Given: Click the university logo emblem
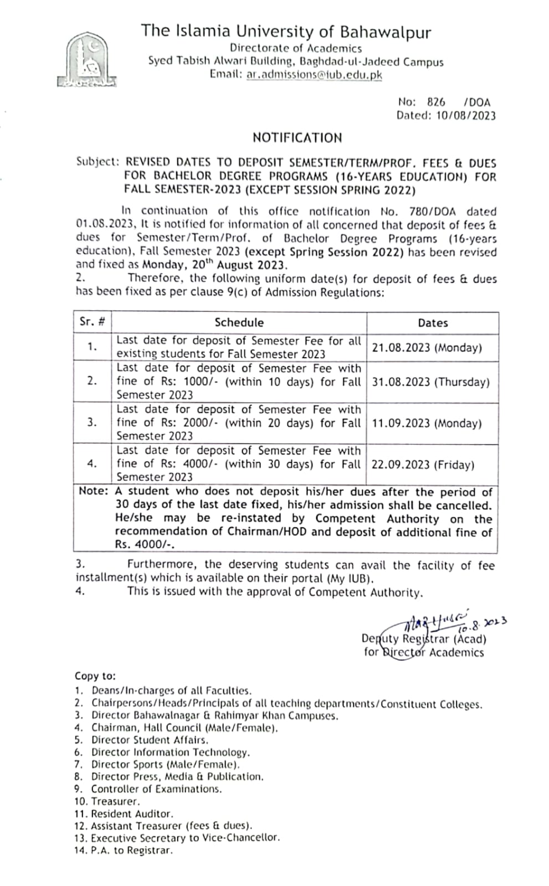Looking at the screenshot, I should [x=88, y=60].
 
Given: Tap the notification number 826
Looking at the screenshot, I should [x=436, y=102].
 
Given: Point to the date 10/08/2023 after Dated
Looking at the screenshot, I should [x=465, y=116].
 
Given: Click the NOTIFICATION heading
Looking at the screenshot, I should [x=297, y=137].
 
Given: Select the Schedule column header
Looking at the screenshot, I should [x=239, y=322].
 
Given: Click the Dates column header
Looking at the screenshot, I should [x=433, y=323].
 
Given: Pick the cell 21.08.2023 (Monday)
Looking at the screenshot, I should [x=427, y=348].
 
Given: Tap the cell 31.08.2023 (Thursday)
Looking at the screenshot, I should [x=430, y=382].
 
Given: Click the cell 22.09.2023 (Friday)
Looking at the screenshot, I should [x=423, y=465].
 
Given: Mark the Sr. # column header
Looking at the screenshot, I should [x=92, y=322].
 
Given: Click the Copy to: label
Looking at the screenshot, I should [x=95, y=676].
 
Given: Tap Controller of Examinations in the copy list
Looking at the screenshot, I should [x=156, y=789].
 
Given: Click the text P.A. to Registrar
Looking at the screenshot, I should [x=131, y=851].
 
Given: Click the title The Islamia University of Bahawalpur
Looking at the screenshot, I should [x=285, y=31].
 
